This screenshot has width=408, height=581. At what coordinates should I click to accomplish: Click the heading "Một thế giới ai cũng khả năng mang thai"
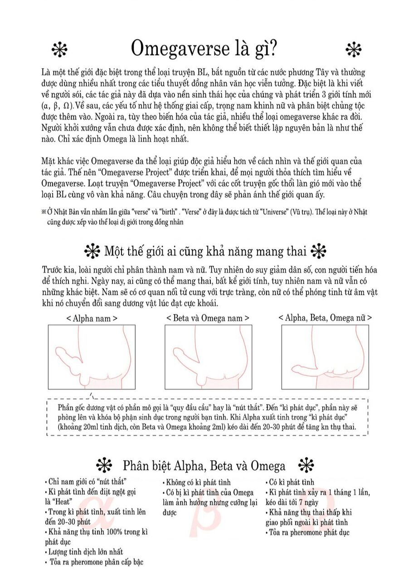click(x=205, y=251)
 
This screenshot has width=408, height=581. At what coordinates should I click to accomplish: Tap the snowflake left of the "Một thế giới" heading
click(x=92, y=251)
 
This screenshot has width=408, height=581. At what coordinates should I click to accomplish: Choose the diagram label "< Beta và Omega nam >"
click(x=208, y=318)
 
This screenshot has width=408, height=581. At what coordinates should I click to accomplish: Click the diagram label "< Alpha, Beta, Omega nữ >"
click(x=325, y=318)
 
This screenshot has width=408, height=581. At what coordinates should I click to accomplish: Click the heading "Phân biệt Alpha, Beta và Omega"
click(x=204, y=466)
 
